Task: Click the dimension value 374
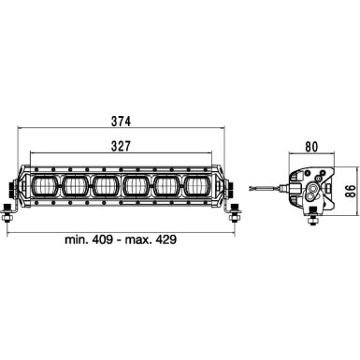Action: pos(118,122)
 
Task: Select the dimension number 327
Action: pos(118,145)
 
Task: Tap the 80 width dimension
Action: pos(310,146)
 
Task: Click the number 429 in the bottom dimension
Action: pos(165,240)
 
